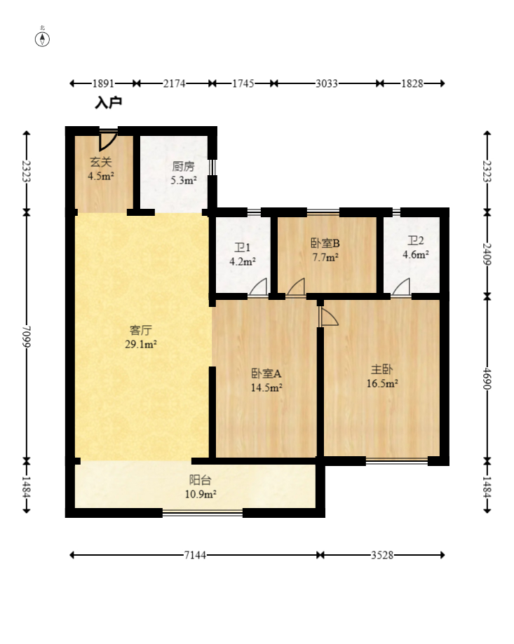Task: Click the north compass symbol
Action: (43, 39)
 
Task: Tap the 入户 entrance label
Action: (109, 103)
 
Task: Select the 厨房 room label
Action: (183, 167)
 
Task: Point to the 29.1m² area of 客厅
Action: (142, 343)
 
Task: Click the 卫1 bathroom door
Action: (258, 288)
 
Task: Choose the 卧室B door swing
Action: (295, 288)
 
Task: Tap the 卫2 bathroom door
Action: (400, 288)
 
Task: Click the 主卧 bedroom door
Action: (327, 317)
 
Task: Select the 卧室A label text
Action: (266, 374)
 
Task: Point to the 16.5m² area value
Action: (382, 383)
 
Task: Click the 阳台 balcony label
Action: (200, 481)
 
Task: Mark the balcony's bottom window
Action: (203, 513)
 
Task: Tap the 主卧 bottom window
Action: (397, 461)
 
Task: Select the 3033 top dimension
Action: (327, 83)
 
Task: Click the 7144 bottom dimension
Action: (195, 555)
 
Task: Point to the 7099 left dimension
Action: (27, 336)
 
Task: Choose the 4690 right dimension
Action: (487, 378)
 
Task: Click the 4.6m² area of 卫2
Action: (415, 255)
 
